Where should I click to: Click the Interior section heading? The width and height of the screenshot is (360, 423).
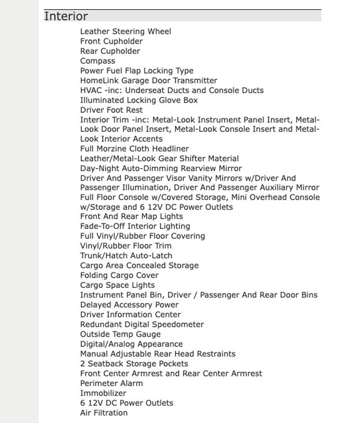tap(66, 16)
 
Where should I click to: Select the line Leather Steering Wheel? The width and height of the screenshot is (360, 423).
tap(126, 31)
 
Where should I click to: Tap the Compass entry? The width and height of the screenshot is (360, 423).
tap(97, 61)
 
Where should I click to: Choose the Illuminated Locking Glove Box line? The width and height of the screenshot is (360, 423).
tap(139, 100)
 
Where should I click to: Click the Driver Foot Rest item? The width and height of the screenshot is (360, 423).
tap(111, 110)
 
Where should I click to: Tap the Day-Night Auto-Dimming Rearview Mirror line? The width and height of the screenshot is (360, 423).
tap(161, 168)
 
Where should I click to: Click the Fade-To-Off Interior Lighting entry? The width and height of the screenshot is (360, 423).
tap(135, 226)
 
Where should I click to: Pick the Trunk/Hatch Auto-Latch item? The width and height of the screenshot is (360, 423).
tap(126, 256)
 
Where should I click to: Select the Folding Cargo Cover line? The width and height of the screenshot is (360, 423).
tap(119, 275)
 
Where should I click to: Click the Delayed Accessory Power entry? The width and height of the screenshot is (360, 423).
tap(129, 304)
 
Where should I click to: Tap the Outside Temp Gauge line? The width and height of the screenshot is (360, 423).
tap(120, 334)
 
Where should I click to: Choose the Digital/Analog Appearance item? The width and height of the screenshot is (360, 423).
tap(131, 344)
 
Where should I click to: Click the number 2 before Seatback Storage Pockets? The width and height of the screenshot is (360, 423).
tap(82, 364)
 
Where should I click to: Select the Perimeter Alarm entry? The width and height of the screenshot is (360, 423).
tap(111, 383)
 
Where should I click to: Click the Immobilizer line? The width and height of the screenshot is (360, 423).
tap(103, 393)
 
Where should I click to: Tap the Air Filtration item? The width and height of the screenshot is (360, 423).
tap(104, 413)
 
